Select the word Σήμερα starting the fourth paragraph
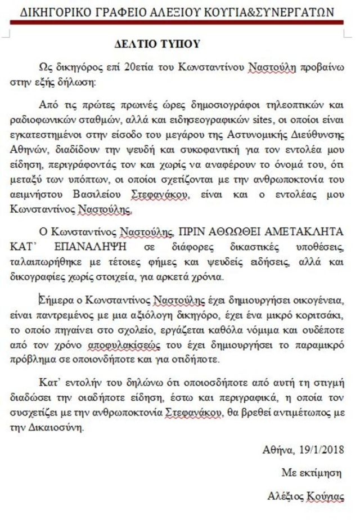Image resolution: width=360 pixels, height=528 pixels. coord(55,298)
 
